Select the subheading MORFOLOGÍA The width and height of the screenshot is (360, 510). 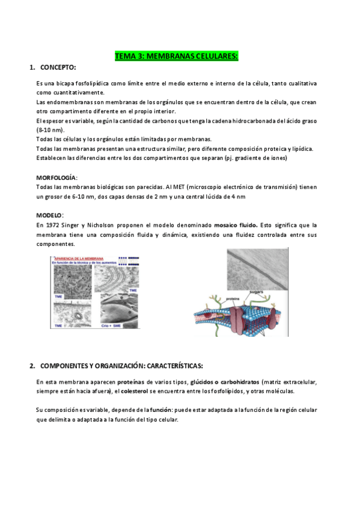(56, 178)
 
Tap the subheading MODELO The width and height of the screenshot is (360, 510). (49, 215)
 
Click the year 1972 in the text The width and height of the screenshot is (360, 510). (53, 225)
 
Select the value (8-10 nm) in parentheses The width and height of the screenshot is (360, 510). (50, 131)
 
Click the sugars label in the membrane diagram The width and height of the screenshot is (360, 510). (260, 292)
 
